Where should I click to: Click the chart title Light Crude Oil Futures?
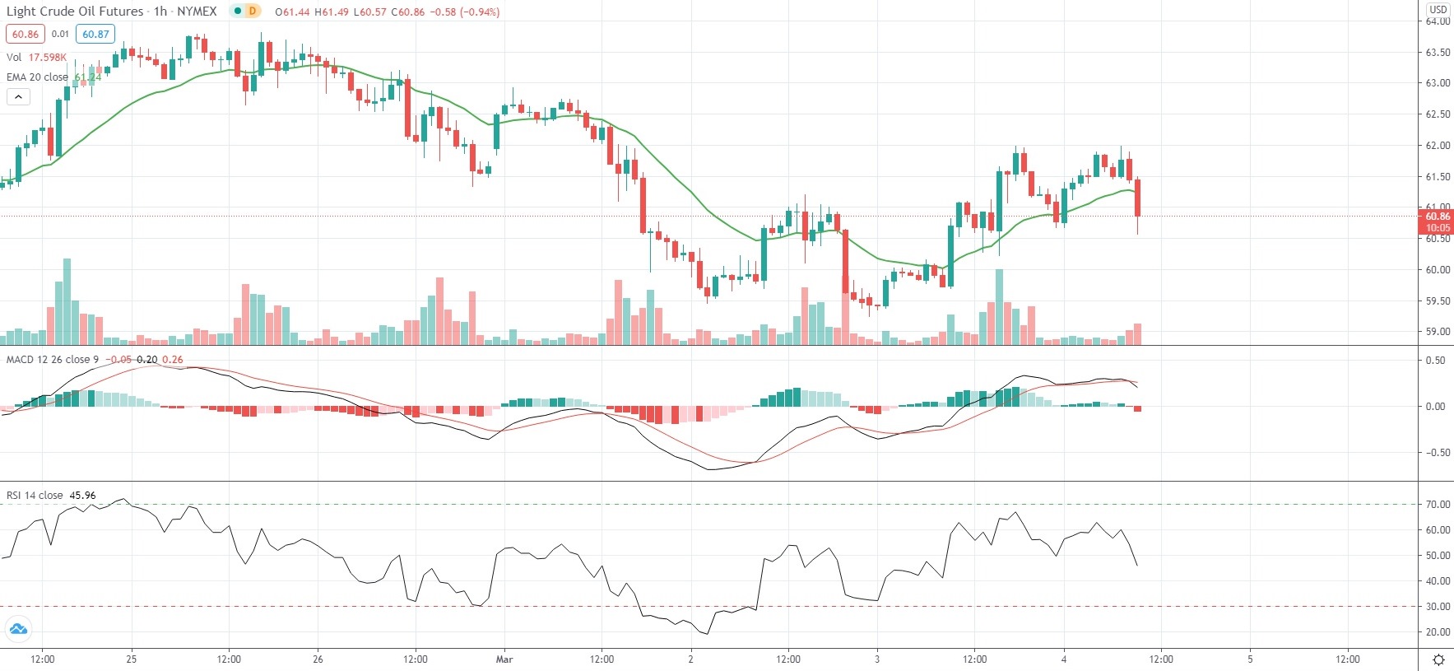pos(75,12)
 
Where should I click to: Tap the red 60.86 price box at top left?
pos(25,34)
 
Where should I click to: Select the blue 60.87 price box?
pos(95,34)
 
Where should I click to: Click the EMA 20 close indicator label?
pos(38,77)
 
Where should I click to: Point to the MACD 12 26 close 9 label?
pos(53,359)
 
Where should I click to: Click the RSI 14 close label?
pos(35,495)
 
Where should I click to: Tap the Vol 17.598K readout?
pos(36,57)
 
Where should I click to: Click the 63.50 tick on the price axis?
pos(1438,52)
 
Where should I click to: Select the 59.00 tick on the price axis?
pos(1438,332)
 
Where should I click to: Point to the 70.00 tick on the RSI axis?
pos(1438,504)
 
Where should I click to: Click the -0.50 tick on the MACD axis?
pos(1435,452)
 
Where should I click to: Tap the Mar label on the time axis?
pos(504,659)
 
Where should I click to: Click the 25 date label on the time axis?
pos(132,659)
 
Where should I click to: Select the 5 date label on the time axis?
pos(1250,659)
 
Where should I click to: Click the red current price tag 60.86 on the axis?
pos(1438,217)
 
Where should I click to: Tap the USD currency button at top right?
pos(1438,9)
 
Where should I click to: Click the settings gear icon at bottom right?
pos(1438,659)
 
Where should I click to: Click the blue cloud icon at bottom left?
pos(18,630)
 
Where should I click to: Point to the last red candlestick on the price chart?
pos(1138,198)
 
